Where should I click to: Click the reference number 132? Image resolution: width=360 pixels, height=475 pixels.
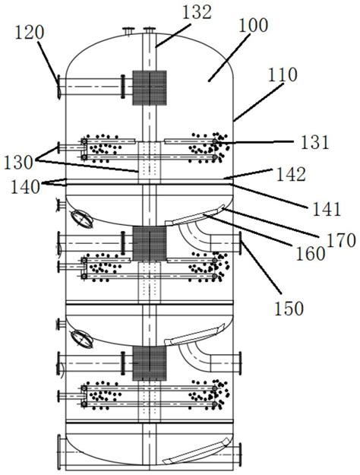click(x=197, y=12)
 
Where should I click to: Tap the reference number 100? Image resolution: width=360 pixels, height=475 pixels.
click(x=254, y=25)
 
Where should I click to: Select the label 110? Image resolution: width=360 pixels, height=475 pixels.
click(x=283, y=74)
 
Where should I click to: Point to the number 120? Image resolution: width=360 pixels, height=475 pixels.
click(x=30, y=33)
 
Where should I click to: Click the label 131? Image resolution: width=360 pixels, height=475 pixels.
click(x=314, y=142)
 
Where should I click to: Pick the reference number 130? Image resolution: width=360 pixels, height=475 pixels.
click(x=18, y=163)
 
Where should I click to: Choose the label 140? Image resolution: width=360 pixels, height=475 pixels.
click(x=25, y=187)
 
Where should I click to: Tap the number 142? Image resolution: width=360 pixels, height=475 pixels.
click(x=291, y=174)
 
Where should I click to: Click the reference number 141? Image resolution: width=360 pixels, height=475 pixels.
click(x=327, y=209)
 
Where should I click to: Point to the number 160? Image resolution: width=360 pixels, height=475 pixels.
click(x=311, y=254)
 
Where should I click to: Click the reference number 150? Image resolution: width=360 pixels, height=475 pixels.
click(x=289, y=309)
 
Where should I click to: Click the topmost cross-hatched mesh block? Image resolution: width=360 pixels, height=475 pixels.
click(x=150, y=88)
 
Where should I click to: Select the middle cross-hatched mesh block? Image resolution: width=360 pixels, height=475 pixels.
click(x=150, y=244)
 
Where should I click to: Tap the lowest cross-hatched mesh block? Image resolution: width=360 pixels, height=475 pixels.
click(x=150, y=363)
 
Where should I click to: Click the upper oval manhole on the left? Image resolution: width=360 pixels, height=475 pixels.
click(x=81, y=219)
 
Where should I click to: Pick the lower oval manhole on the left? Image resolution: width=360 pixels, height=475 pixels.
click(x=81, y=339)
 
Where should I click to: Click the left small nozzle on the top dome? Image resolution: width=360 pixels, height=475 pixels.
click(x=128, y=31)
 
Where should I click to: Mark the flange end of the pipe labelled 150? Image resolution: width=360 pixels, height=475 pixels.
click(x=241, y=243)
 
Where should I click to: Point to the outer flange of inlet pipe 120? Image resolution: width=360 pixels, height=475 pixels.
click(x=58, y=87)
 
